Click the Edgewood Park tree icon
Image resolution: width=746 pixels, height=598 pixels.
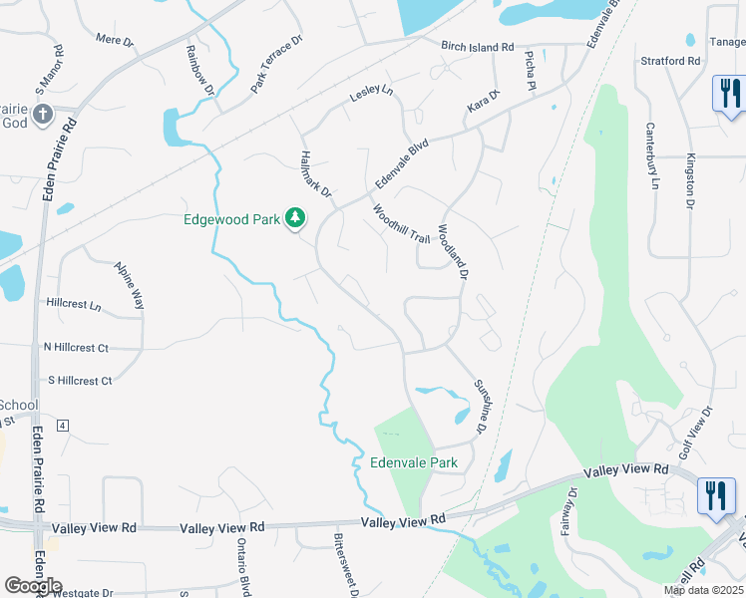point(295,217)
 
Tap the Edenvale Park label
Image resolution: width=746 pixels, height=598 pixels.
point(414,462)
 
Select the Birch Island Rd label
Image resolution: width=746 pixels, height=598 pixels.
point(478,47)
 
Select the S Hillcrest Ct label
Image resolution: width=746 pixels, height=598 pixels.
point(80,381)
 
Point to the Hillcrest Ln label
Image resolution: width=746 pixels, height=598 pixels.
point(74,303)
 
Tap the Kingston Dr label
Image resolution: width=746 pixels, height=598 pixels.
point(689,181)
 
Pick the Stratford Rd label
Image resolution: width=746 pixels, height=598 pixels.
point(670,61)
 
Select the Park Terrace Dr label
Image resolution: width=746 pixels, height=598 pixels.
point(275,64)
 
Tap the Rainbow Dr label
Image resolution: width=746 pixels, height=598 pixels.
point(199,70)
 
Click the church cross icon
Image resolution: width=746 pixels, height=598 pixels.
point(42,114)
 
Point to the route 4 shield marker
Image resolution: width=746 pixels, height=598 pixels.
point(63,426)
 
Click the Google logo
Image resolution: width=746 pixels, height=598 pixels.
point(33,585)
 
